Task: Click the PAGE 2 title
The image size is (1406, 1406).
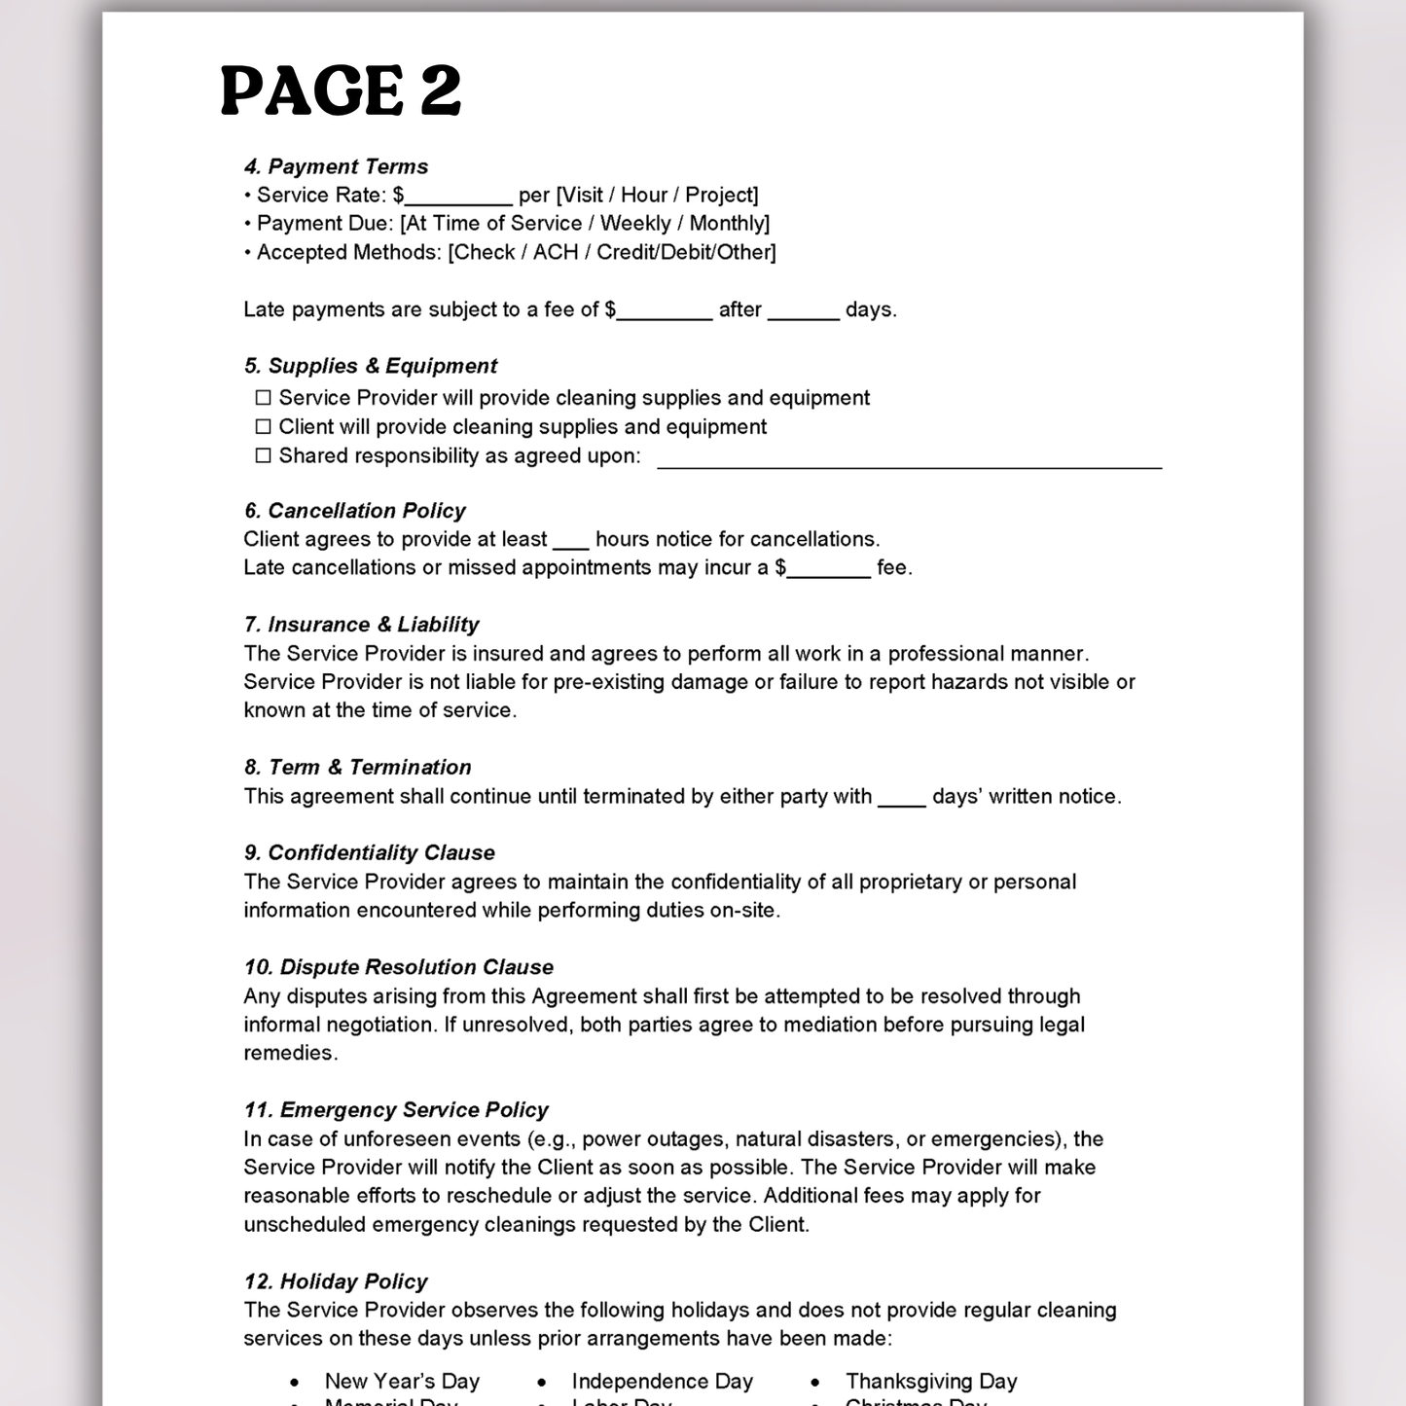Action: pyautogui.click(x=341, y=90)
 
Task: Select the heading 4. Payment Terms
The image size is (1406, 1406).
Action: pyautogui.click(x=336, y=166)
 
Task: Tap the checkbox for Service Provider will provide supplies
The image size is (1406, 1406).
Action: pyautogui.click(x=263, y=398)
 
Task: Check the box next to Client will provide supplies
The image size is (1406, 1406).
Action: pyautogui.click(x=263, y=427)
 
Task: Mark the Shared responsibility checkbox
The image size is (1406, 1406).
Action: pyautogui.click(x=263, y=456)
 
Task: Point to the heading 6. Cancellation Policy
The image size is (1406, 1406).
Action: pyautogui.click(x=354, y=511)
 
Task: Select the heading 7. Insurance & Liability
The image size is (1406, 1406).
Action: pyautogui.click(x=361, y=625)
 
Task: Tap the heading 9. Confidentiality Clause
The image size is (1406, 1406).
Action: pyautogui.click(x=369, y=853)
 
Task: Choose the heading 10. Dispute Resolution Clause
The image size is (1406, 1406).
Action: pyautogui.click(x=398, y=967)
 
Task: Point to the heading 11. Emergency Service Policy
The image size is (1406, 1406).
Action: pyautogui.click(x=396, y=1110)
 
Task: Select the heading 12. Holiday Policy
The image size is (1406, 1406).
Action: pyautogui.click(x=336, y=1281)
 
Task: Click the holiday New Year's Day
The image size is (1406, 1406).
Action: pyautogui.click(x=402, y=1382)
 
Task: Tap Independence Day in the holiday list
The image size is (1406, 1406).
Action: pyautogui.click(x=662, y=1382)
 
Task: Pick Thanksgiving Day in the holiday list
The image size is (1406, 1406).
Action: pyautogui.click(x=931, y=1382)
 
